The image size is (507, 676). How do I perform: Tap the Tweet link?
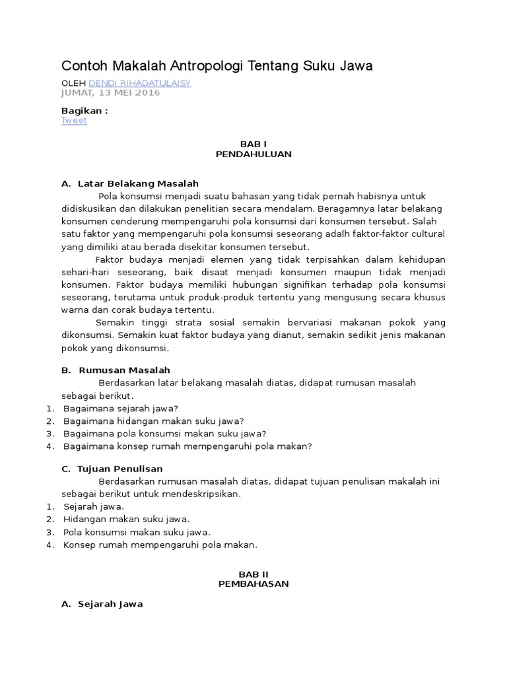tap(74, 121)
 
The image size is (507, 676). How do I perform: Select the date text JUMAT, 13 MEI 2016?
tap(110, 92)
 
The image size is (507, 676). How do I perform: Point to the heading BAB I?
tap(253, 143)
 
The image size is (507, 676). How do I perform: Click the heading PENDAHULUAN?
tap(253, 154)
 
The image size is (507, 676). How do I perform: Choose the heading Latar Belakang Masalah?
tap(138, 183)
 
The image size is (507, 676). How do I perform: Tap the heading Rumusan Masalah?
tap(124, 370)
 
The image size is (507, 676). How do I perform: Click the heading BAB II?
tap(253, 574)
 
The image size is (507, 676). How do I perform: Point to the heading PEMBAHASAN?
tap(253, 584)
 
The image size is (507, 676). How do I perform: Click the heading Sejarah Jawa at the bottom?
tap(110, 604)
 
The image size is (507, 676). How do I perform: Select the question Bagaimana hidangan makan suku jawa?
tap(154, 421)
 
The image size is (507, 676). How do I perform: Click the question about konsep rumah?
tap(187, 446)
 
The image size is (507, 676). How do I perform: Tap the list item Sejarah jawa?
tap(94, 507)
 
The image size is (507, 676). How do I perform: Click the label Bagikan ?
tap(84, 111)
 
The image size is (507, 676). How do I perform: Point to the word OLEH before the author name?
tap(73, 83)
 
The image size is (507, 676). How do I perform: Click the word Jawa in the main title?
tap(356, 65)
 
